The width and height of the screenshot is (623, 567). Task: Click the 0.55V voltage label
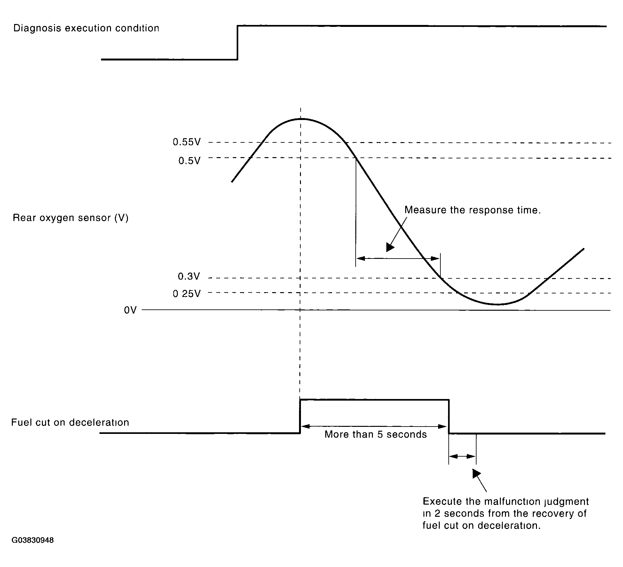click(187, 142)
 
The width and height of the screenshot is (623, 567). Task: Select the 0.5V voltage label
click(189, 161)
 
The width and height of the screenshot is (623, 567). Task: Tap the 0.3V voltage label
click(189, 276)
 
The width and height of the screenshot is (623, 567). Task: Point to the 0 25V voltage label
click(187, 294)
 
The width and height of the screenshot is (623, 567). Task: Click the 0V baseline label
click(130, 310)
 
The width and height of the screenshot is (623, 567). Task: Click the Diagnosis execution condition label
click(86, 28)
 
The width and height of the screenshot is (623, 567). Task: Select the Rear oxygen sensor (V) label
click(70, 218)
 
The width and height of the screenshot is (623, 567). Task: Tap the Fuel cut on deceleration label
click(70, 423)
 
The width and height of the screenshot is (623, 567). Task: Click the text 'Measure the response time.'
click(472, 210)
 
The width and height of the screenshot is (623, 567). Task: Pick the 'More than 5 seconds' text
click(375, 435)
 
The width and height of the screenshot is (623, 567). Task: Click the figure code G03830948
click(33, 540)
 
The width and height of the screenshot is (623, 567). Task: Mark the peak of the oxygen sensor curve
click(301, 119)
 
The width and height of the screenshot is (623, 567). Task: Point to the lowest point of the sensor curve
click(497, 304)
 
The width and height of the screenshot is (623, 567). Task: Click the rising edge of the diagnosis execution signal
click(237, 43)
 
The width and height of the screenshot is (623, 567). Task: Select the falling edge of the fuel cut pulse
click(449, 416)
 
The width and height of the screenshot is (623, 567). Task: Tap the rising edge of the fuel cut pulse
click(300, 416)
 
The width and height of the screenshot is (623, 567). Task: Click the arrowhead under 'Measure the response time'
click(390, 247)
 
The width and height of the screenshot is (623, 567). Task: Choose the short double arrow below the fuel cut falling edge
click(462, 456)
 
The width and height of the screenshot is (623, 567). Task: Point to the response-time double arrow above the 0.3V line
click(398, 258)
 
